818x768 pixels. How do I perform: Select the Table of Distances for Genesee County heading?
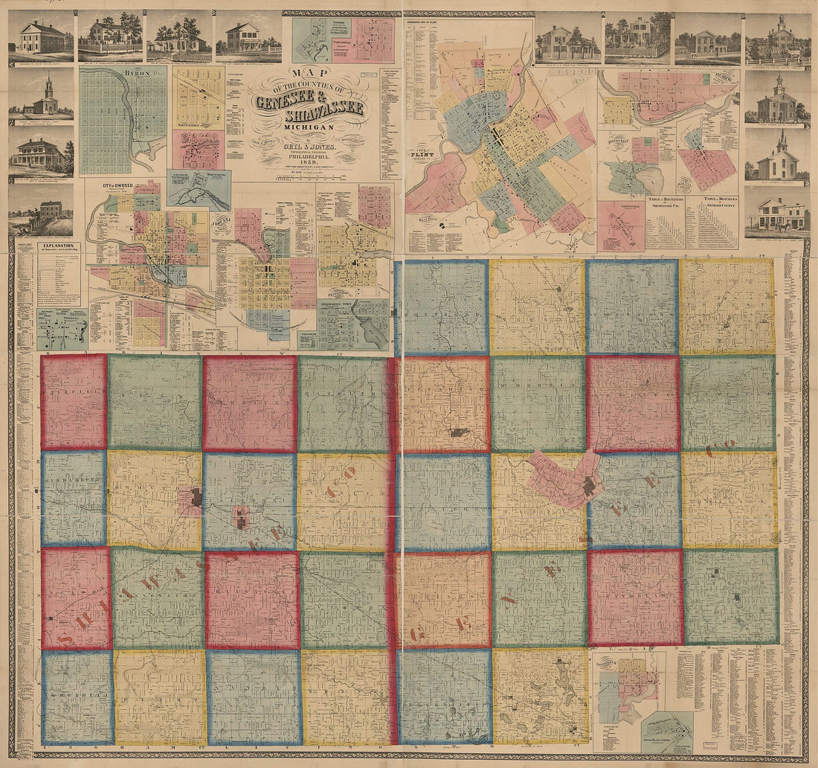click(x=714, y=201)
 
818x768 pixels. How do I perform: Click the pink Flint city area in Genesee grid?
click(x=565, y=480)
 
